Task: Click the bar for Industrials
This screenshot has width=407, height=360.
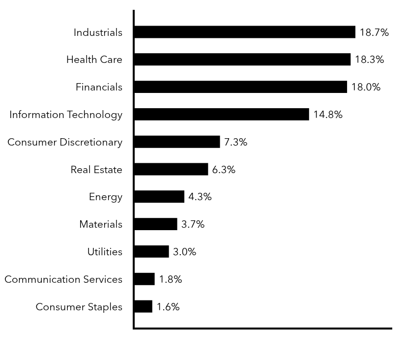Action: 244,32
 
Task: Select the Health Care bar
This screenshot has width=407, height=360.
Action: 242,60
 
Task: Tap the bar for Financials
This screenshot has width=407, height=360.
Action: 240,87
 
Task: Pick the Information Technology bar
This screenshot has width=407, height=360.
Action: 221,115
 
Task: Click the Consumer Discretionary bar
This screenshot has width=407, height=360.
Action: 177,142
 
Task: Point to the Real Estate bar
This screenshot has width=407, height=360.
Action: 171,170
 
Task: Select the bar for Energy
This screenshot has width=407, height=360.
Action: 159,197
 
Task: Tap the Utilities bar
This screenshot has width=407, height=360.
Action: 151,252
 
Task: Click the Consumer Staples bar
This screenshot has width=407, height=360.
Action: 143,307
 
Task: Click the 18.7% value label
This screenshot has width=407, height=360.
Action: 374,32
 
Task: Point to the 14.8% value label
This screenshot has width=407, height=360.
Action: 328,115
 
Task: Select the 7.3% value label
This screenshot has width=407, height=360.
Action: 235,142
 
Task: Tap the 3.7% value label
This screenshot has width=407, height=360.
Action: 193,224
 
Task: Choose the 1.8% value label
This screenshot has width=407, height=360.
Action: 171,279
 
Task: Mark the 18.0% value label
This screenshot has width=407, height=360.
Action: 366,87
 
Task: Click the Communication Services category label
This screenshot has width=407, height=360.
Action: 63,279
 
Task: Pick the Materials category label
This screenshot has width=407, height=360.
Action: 101,224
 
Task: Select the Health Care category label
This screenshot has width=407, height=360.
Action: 94,60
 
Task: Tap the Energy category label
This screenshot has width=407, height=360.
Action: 106,197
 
